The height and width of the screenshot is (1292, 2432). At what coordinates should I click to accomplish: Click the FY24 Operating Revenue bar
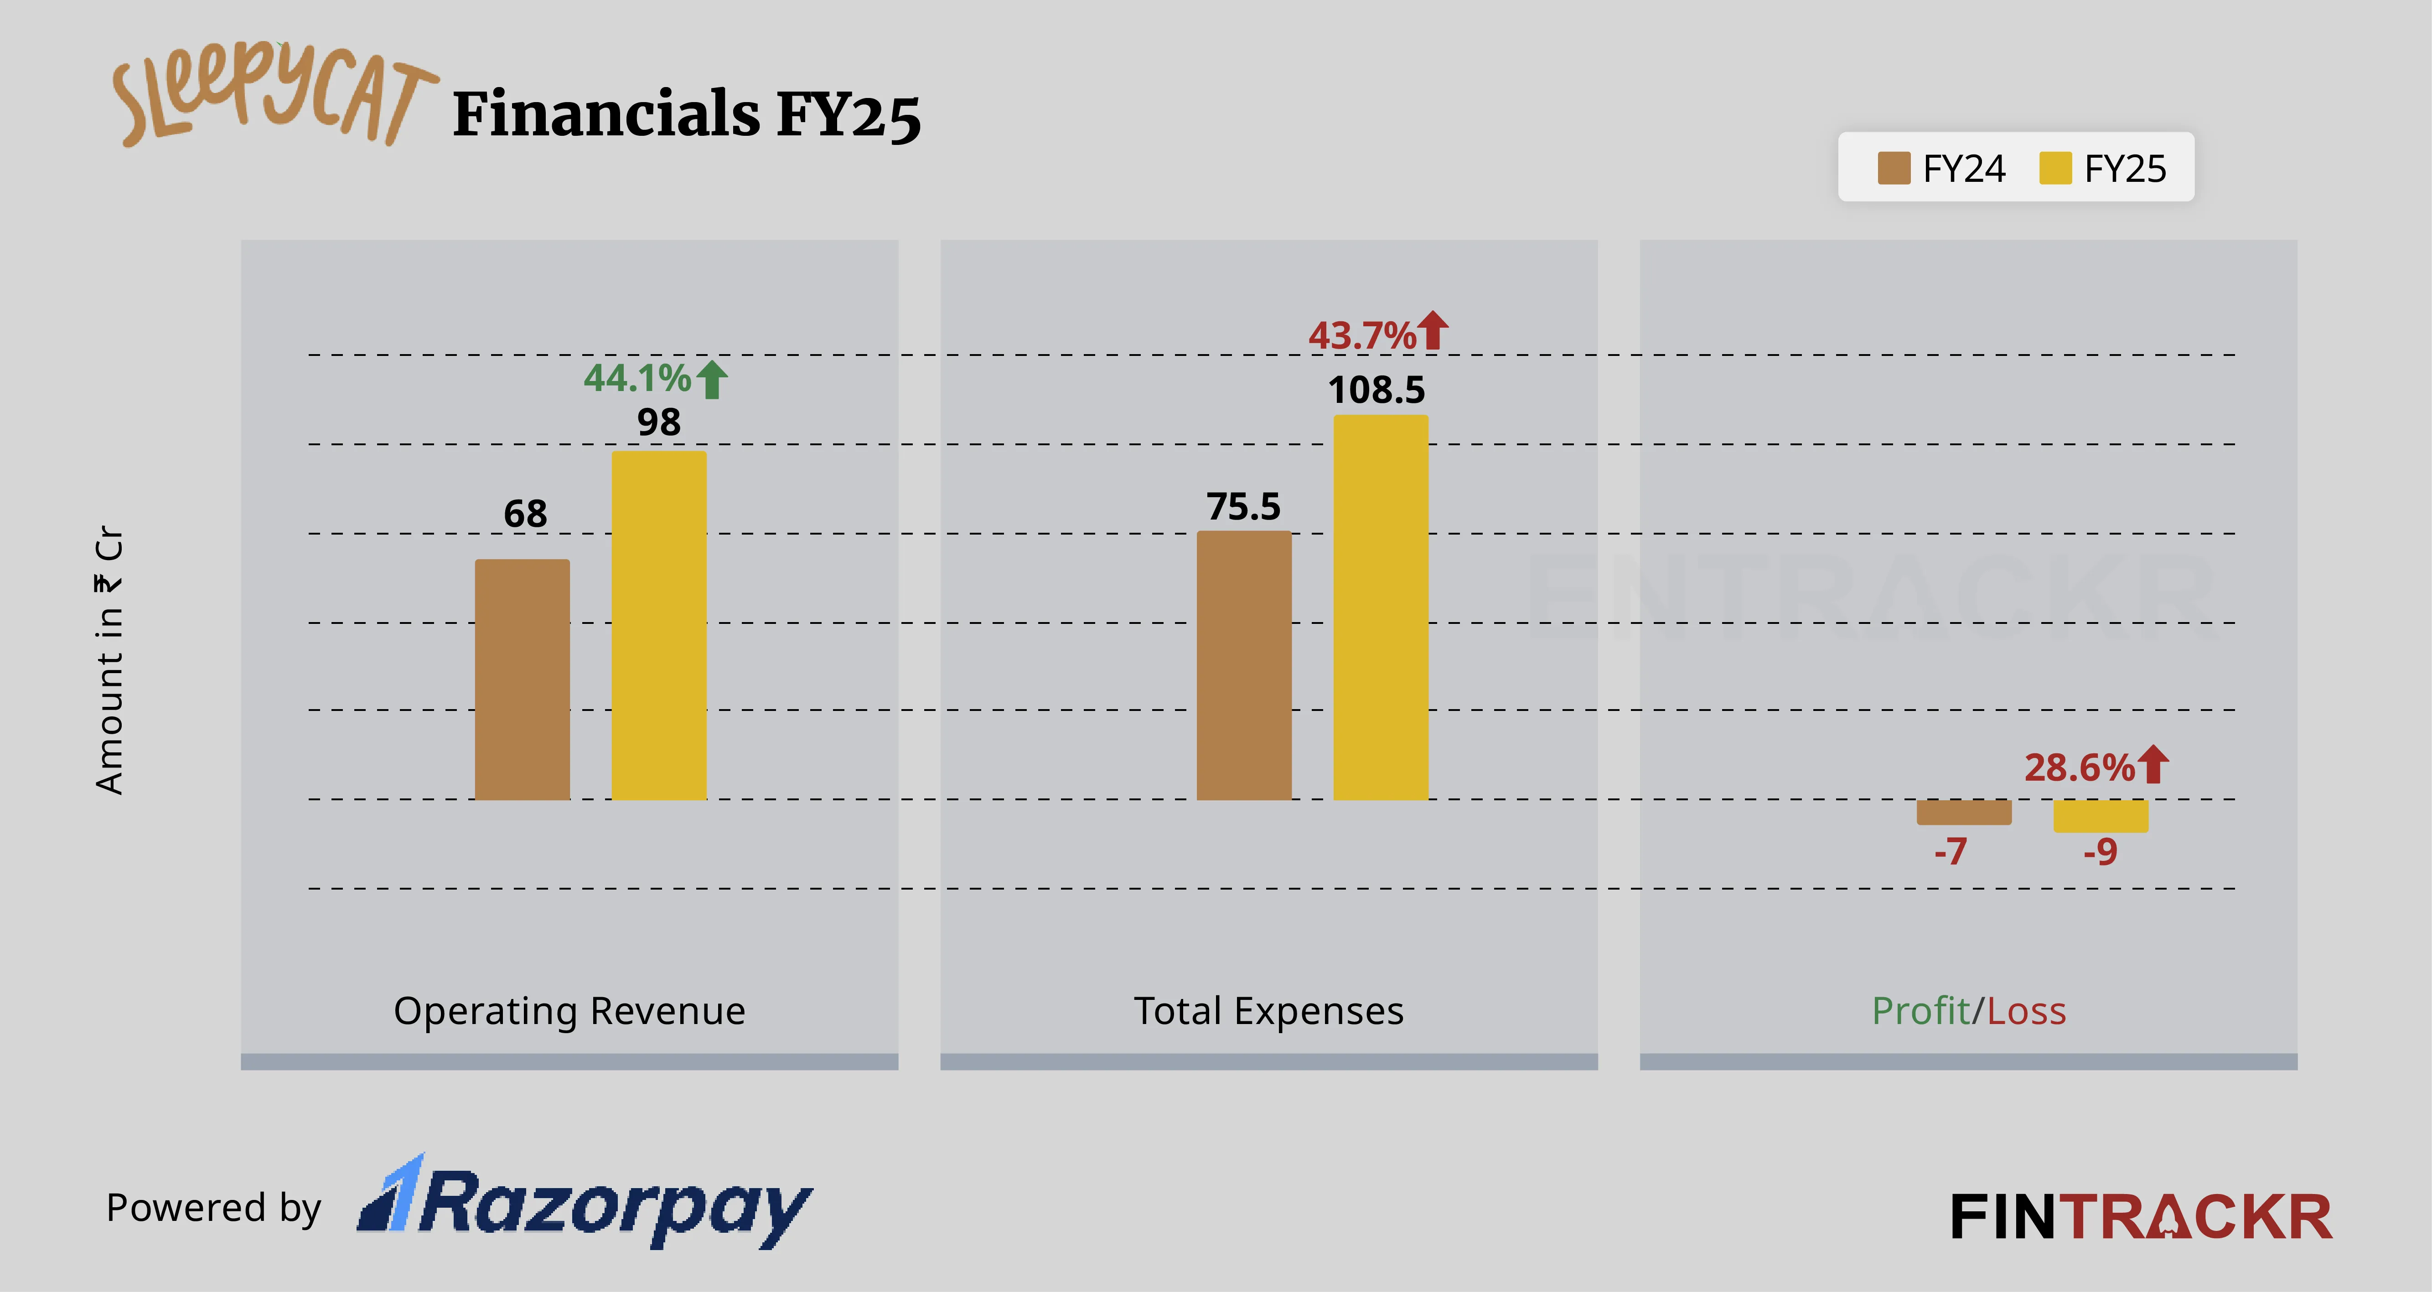(522, 679)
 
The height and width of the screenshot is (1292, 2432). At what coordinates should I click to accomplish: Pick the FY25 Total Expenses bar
(1380, 607)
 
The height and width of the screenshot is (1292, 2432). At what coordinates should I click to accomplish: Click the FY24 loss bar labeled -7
(1964, 812)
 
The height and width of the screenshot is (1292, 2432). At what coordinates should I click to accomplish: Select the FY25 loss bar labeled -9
(2101, 815)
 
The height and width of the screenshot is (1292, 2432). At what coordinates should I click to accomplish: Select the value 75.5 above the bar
(1243, 507)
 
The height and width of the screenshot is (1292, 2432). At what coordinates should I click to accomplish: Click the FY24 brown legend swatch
(1894, 168)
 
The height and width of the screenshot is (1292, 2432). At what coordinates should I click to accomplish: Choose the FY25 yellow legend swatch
(2055, 168)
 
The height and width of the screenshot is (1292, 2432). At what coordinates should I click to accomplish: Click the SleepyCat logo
(274, 94)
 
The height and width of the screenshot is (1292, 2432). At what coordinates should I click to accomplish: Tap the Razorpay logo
(585, 1203)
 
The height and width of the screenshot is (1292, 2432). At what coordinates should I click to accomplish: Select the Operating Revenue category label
(569, 1011)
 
